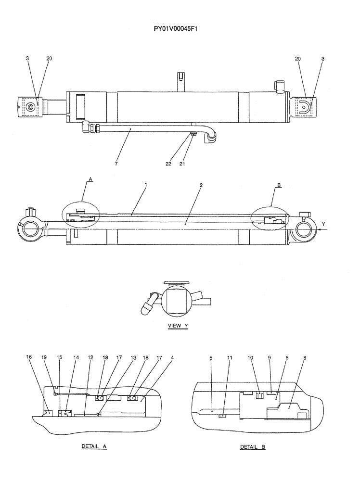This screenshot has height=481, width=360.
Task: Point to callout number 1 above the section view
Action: point(145,184)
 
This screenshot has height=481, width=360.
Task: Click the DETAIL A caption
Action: point(94,446)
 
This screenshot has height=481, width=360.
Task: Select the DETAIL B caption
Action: point(253,447)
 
